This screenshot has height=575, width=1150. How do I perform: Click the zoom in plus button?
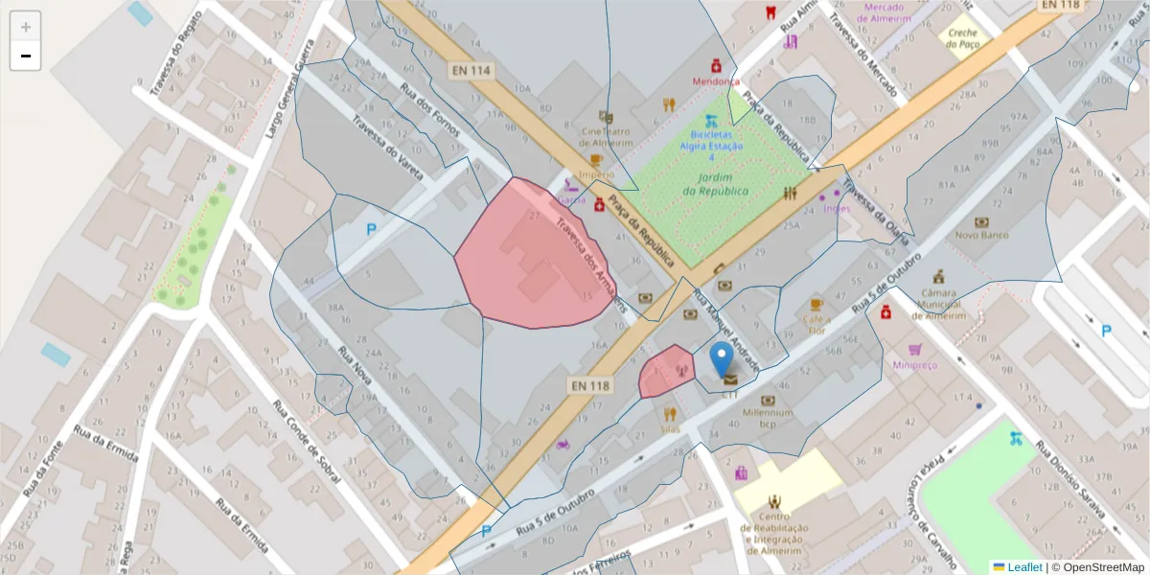(x=26, y=27)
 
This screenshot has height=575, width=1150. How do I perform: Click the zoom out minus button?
(x=26, y=56)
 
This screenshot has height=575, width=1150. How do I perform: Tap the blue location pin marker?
(x=722, y=360)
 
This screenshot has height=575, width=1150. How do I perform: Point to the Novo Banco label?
(x=978, y=235)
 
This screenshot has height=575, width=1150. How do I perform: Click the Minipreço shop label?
(x=914, y=364)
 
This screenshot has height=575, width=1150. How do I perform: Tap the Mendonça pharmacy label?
(x=714, y=82)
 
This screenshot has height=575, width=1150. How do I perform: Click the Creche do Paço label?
(x=962, y=38)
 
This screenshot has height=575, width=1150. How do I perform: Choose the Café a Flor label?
(x=816, y=324)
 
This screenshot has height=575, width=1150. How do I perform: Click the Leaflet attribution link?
(x=1024, y=567)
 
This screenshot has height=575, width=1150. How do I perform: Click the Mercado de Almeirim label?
(x=896, y=12)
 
